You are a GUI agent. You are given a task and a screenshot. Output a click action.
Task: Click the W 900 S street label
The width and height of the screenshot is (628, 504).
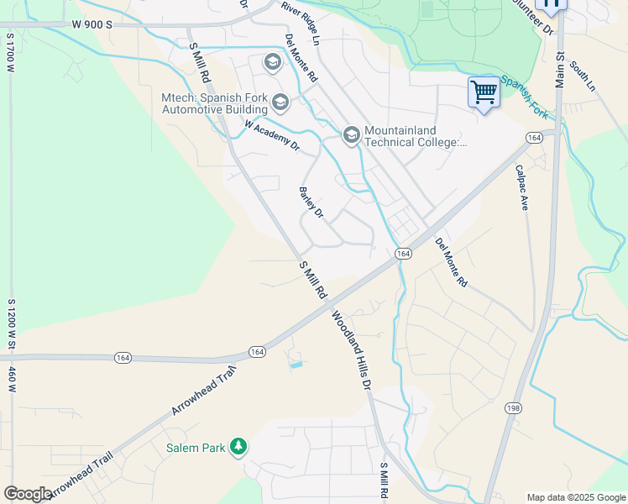[x=92, y=24]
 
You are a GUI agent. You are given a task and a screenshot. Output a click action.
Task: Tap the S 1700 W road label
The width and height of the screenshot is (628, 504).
[x=11, y=53]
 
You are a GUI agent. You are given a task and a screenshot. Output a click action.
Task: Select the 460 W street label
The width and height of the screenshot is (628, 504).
[x=12, y=380]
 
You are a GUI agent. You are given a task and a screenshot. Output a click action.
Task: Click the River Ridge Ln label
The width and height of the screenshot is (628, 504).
[x=301, y=22]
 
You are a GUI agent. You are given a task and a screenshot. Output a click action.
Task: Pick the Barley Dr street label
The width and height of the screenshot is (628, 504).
[x=311, y=202]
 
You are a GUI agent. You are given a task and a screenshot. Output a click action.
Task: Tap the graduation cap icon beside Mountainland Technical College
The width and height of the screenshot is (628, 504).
[x=351, y=134]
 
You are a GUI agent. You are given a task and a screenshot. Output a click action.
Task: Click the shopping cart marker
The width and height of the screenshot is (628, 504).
[x=484, y=92]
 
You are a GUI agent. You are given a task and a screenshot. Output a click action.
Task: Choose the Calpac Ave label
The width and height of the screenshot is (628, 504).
[x=521, y=186]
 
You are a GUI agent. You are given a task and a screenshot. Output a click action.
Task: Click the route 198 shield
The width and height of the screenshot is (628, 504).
[x=512, y=408]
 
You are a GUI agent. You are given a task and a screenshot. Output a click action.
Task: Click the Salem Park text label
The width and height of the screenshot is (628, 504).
[x=196, y=448]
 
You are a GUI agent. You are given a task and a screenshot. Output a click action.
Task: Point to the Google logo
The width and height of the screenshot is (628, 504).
[x=28, y=494]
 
